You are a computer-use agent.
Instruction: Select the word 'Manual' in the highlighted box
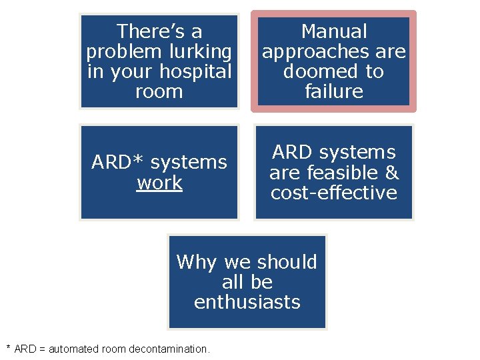pos(334,31)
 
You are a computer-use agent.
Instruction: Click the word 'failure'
pos(334,91)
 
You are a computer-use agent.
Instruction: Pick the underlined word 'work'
pos(159,183)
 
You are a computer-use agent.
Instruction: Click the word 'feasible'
pos(336,173)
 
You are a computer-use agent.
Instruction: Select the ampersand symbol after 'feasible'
pos(392,173)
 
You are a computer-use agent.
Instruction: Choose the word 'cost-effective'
pos(334,193)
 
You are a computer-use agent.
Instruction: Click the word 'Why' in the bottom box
pos(197,262)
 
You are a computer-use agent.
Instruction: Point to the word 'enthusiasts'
pos(247,302)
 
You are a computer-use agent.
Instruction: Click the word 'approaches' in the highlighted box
pos(316,51)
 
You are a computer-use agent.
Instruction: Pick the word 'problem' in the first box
pos(122,51)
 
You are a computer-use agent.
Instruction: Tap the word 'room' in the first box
pos(159,91)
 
